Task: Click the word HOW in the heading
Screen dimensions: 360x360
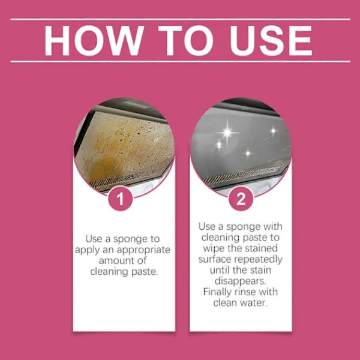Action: click(x=94, y=41)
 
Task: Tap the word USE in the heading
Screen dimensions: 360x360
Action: click(x=271, y=41)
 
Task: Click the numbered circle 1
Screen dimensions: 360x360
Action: click(x=121, y=199)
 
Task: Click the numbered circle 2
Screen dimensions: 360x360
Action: click(x=241, y=199)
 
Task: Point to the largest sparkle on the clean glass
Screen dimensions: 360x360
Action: click(x=227, y=133)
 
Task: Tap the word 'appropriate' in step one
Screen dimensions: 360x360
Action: click(x=143, y=250)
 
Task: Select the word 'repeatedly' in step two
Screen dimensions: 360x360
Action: click(x=258, y=260)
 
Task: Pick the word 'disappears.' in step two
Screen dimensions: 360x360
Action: click(x=241, y=281)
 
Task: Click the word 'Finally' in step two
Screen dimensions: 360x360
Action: click(x=218, y=292)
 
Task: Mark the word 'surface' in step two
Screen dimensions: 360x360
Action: click(x=215, y=259)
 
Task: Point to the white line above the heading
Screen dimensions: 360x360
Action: click(x=181, y=20)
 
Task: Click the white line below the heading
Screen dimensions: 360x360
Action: click(x=181, y=62)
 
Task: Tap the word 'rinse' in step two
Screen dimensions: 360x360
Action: click(x=245, y=292)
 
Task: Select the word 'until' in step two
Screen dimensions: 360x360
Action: click(x=220, y=270)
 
